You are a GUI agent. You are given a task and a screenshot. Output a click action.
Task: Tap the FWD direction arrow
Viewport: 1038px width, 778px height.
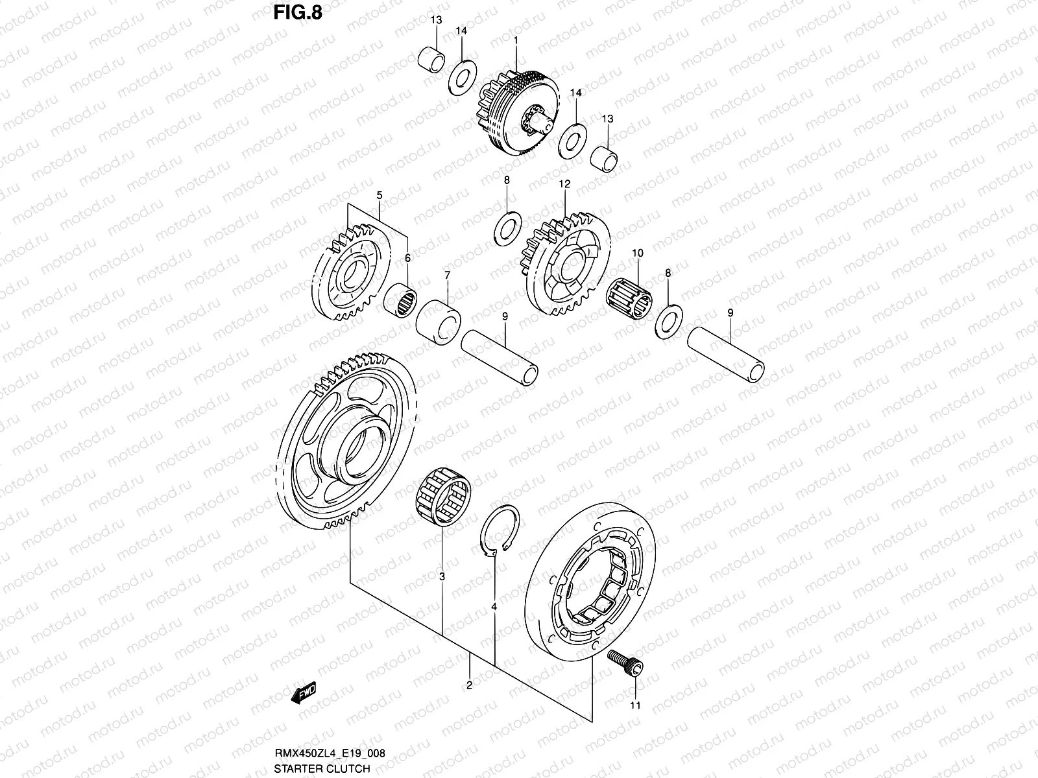coord(304,694)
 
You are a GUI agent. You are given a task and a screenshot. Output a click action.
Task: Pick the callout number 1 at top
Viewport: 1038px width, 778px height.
coord(515,40)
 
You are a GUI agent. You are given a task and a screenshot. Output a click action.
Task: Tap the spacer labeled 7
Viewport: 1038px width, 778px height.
coord(438,321)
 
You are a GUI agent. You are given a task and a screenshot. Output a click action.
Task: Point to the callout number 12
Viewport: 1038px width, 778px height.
coord(564,184)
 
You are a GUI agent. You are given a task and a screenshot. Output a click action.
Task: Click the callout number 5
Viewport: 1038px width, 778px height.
coord(380,194)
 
